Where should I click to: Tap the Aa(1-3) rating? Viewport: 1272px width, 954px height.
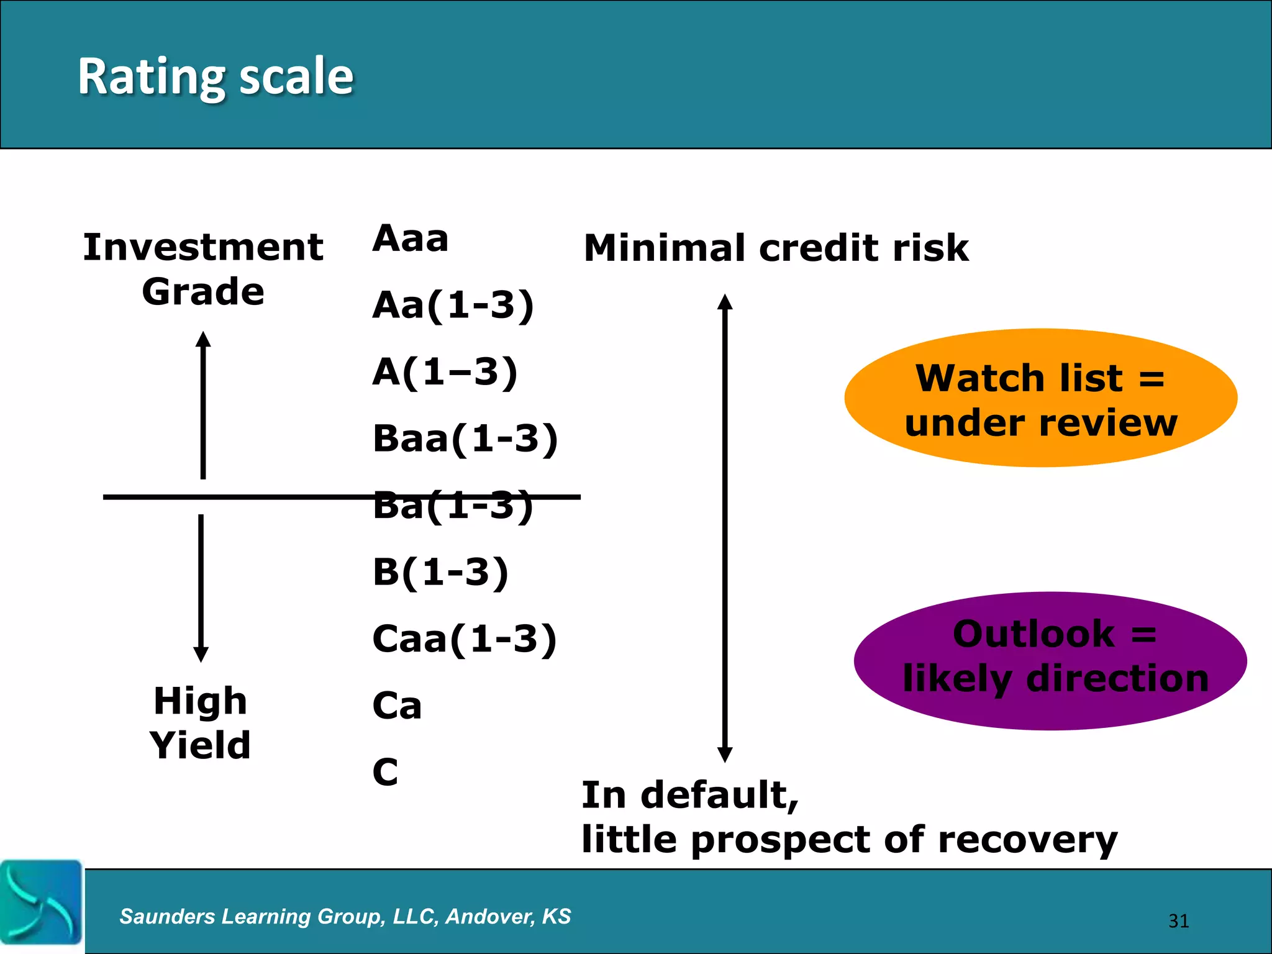[x=453, y=305]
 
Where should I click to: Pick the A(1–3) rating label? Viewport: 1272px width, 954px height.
[x=445, y=372]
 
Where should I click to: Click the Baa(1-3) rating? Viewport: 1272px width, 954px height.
[x=465, y=438]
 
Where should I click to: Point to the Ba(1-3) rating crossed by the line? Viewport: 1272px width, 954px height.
[x=453, y=506]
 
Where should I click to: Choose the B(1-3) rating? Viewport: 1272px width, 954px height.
[x=440, y=572]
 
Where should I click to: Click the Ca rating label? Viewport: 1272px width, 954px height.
[x=397, y=706]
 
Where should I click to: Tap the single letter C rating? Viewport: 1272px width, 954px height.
[x=385, y=772]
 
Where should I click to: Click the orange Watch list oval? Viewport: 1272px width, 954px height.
[x=1040, y=398]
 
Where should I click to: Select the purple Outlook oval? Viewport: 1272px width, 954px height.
[x=1050, y=661]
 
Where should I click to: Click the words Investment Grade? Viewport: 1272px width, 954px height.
[x=203, y=269]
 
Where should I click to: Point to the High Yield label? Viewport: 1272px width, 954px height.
[x=200, y=723]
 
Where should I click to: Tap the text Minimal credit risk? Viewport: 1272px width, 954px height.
[x=776, y=248]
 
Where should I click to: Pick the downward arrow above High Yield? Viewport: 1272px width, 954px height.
[x=201, y=588]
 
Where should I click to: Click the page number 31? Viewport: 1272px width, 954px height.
[x=1178, y=920]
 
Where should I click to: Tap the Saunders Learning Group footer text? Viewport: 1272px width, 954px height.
[x=345, y=916]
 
